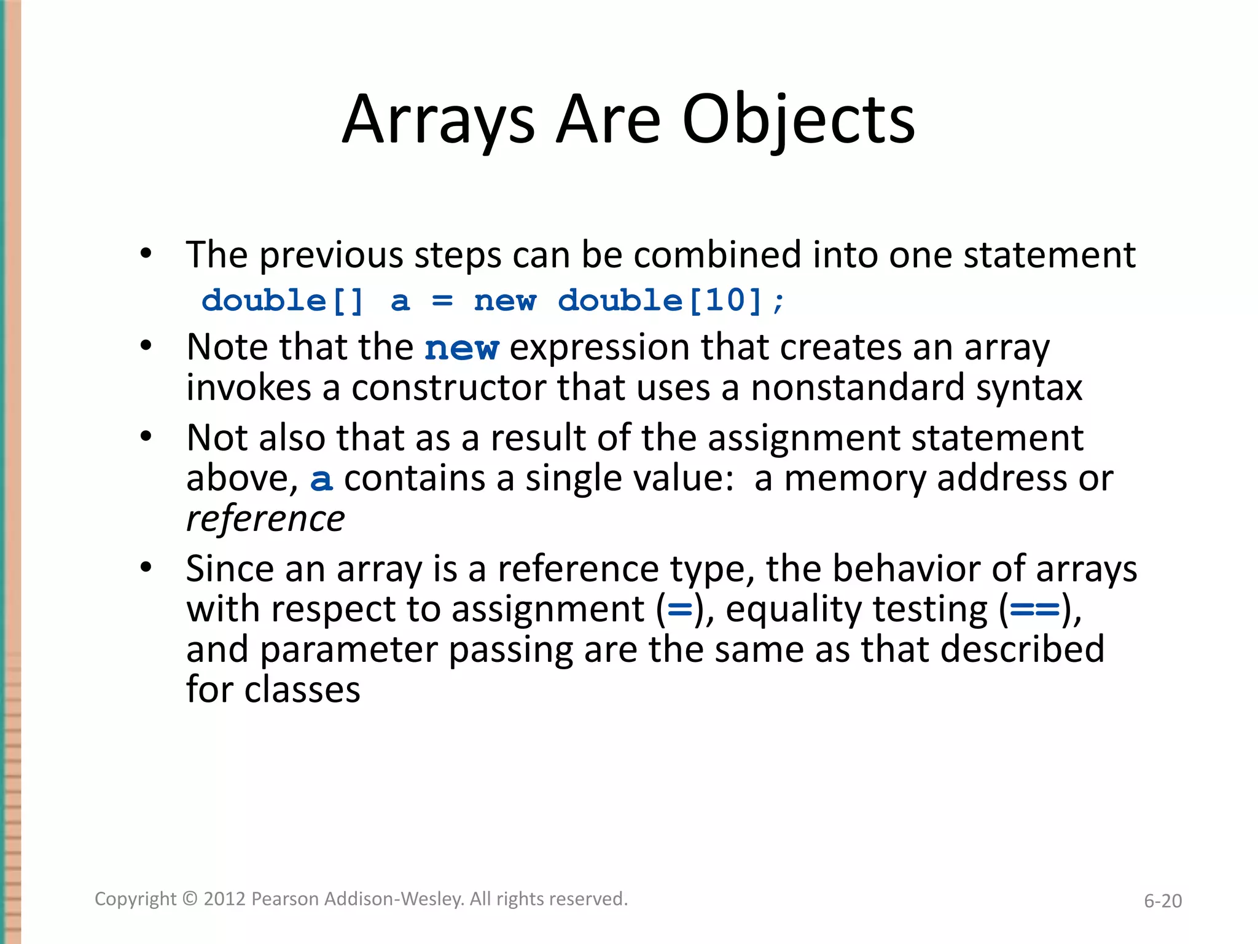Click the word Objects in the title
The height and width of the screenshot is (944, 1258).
(798, 120)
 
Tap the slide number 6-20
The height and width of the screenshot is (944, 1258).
(1162, 901)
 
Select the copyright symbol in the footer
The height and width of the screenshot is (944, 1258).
(190, 899)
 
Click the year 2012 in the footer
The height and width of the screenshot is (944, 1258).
(224, 899)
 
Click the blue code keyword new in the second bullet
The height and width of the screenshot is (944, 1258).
(461, 348)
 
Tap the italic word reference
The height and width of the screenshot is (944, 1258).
(265, 519)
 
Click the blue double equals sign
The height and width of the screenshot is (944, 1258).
(1035, 610)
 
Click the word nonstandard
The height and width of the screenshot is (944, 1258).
(858, 388)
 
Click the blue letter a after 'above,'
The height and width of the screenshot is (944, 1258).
(321, 479)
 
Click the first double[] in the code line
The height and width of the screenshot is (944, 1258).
(283, 301)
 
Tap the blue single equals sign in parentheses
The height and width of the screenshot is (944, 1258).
(679, 610)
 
